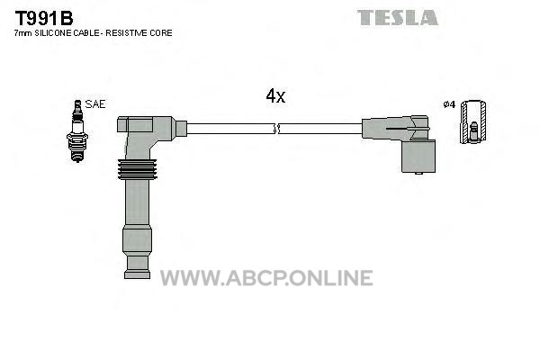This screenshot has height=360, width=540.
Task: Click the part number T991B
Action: pos(44,18)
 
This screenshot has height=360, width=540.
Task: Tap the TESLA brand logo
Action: pos(398,18)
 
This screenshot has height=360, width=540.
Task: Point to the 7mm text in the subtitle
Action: pos(23,33)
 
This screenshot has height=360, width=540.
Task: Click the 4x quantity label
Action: pos(275,96)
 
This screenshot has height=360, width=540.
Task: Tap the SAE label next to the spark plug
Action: pos(95,104)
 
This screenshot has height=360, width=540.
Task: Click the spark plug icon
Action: pos(77,130)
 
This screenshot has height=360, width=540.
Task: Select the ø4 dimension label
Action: pos(449,104)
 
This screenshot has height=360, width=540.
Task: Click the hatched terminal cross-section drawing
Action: pos(473,122)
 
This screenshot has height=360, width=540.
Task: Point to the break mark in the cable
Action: pos(276,130)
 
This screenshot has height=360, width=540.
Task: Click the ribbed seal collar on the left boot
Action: pos(138,169)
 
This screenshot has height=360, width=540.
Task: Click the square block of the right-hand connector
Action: pos(418,156)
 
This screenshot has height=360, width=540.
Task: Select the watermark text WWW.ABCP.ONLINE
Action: pos(266,278)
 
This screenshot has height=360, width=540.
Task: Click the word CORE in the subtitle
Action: pos(160,33)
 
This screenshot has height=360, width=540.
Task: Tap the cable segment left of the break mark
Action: pos(230,129)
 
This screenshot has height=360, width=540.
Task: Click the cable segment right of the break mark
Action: pos(320,129)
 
